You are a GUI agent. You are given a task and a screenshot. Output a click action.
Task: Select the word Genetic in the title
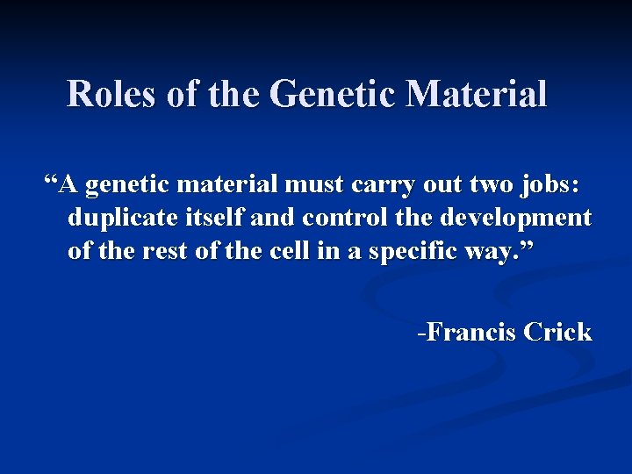tap(330, 94)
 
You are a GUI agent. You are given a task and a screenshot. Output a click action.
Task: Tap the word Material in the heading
tap(475, 94)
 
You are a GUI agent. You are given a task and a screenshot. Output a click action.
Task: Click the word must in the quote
tap(308, 186)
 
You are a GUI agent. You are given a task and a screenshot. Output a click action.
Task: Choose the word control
tap(338, 218)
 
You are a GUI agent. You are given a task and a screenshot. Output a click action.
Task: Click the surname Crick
tap(558, 333)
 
